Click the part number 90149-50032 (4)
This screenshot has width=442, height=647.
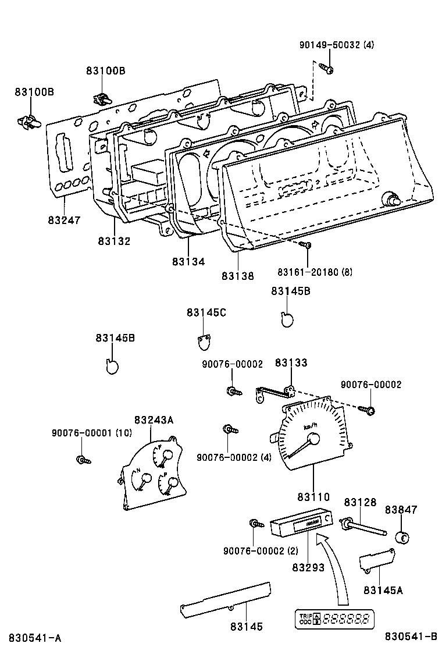(x=337, y=45)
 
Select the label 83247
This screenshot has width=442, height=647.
(x=64, y=220)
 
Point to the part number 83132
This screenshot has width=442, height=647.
(x=114, y=241)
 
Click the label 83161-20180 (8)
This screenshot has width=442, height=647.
(x=315, y=272)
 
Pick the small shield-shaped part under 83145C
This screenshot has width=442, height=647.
(x=203, y=342)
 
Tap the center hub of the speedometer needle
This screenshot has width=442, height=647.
(x=312, y=439)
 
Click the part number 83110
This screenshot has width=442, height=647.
(x=313, y=497)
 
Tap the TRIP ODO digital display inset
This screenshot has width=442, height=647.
(x=335, y=618)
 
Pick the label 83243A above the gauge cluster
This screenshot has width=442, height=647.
(x=154, y=420)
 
